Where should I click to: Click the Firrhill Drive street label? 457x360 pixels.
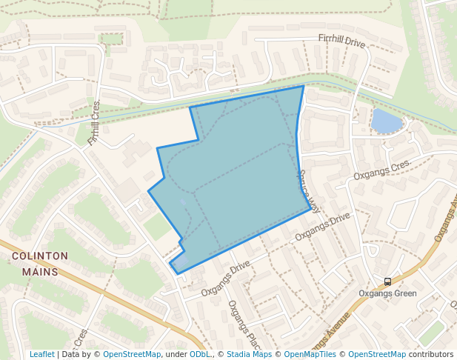341,42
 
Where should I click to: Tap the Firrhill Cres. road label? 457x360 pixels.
93,123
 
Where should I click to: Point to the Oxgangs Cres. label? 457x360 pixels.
381,171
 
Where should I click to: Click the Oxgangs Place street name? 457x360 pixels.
241,321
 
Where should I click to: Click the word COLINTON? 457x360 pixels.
40,256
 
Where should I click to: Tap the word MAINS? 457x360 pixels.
40,271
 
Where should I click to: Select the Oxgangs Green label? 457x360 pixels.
387,293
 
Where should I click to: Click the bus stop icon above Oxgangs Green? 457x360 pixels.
387,281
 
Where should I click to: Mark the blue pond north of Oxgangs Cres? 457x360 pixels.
387,121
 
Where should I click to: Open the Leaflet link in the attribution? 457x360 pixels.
41,354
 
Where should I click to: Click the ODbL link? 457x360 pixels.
199,354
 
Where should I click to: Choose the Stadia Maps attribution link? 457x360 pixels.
249,354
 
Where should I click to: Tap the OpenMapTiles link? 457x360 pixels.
309,354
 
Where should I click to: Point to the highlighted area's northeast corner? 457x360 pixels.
304,86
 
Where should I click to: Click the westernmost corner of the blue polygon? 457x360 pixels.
148,191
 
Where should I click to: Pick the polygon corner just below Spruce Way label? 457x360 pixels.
311,208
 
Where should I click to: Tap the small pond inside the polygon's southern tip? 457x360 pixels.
180,264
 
